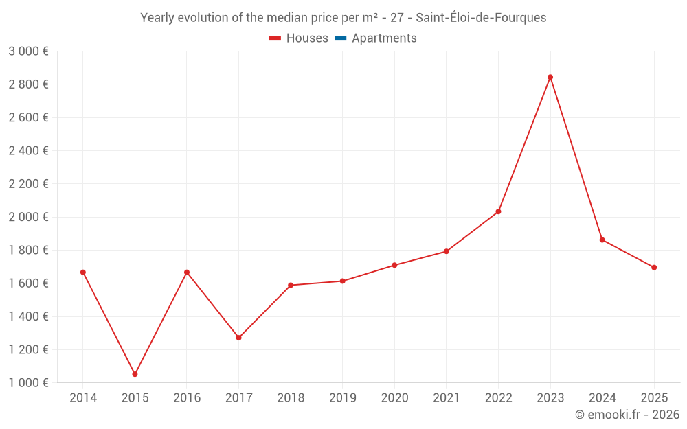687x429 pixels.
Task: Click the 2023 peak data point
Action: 550,77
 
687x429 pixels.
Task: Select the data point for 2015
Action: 135,374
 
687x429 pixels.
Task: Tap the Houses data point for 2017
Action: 238,338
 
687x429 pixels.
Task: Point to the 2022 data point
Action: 498,211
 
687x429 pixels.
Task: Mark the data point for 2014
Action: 83,273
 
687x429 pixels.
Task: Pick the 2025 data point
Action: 654,268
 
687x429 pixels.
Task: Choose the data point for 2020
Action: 394,265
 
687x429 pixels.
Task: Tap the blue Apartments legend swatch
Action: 341,38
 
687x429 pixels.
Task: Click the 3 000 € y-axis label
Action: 28,51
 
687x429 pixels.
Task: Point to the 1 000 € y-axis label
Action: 28,383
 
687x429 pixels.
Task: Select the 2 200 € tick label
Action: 28,184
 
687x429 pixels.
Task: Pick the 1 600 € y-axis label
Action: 28,283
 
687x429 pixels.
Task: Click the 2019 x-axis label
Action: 342,398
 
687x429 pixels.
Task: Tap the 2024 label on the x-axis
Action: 602,398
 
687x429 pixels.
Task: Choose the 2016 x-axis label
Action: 187,398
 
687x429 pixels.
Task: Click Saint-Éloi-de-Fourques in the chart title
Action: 481,18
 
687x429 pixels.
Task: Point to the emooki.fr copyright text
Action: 627,415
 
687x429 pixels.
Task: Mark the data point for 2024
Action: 602,240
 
